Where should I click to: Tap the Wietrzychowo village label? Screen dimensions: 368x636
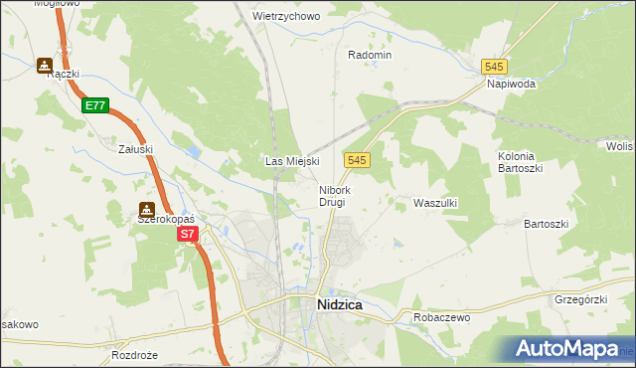point(286,17)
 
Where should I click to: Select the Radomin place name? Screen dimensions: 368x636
point(370,56)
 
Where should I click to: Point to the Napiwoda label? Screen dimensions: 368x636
point(512,85)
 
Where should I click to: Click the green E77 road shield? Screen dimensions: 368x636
point(94,105)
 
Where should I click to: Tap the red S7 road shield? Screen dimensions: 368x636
point(189,235)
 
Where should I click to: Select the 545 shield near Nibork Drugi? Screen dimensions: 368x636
point(359,160)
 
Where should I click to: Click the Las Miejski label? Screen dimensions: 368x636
point(291,161)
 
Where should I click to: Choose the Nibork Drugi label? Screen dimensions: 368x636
point(332,196)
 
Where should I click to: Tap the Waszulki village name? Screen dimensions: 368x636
point(434,203)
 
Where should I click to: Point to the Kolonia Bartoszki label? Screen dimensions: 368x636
point(517,162)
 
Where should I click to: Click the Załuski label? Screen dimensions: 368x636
point(134,149)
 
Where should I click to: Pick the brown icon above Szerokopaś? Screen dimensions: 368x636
point(147,209)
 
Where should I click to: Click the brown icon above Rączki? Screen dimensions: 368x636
point(45,67)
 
